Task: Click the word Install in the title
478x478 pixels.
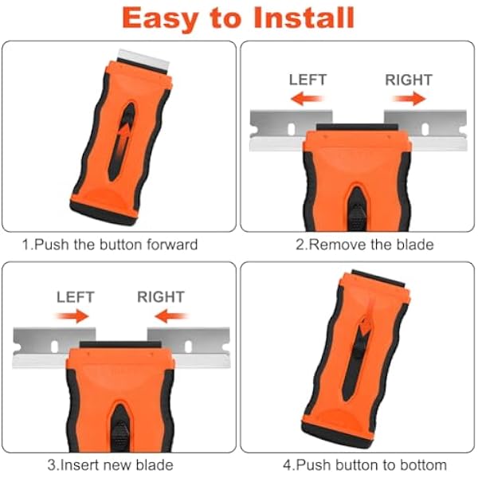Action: pos(304,18)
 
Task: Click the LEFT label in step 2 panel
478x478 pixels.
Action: pos(308,80)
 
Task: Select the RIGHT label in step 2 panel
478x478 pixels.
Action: pos(409,80)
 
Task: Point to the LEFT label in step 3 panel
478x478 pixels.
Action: pos(76,297)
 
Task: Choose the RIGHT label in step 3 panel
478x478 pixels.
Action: pos(161,297)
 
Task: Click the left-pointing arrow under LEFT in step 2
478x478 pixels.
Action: pos(307,99)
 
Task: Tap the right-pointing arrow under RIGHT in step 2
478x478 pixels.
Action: pos(409,99)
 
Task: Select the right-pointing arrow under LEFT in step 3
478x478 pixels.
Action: pos(72,316)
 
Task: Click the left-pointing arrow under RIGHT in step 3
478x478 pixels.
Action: pos(171,316)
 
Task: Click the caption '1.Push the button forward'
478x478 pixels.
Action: pos(110,245)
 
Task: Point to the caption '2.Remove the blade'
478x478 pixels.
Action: pos(365,245)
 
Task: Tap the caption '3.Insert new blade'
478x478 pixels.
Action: pos(111,465)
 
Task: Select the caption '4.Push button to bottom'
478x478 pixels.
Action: pos(365,465)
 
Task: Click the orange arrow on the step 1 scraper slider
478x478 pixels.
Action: pos(122,138)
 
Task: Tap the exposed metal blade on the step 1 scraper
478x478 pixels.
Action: pos(143,60)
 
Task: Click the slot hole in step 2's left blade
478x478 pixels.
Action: pos(292,129)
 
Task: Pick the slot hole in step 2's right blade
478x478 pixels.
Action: pos(425,129)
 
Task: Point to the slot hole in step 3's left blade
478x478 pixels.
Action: pos(54,347)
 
